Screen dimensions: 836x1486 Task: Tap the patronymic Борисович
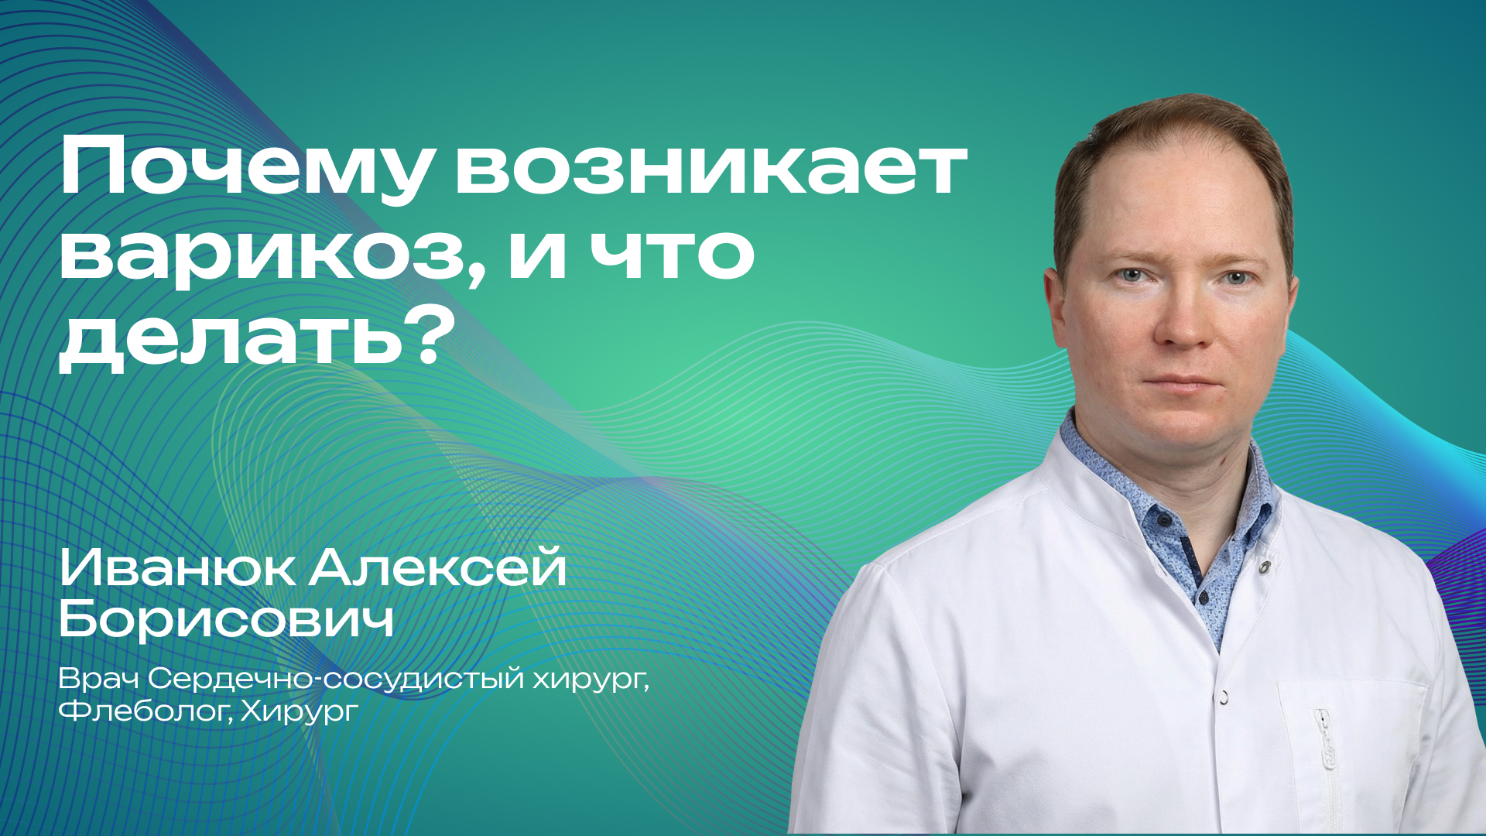(226, 619)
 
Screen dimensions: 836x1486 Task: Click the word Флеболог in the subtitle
(144, 711)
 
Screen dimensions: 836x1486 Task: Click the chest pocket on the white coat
(1351, 743)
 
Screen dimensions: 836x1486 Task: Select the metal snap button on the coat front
(1224, 697)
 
